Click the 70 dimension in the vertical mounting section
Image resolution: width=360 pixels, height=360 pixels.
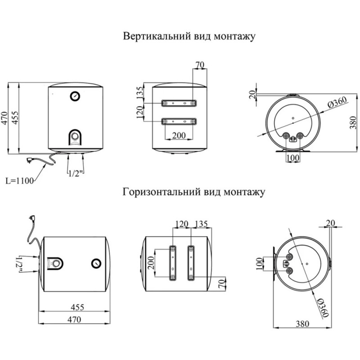coord(200,65)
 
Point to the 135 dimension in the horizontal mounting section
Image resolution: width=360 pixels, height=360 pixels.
coord(202,223)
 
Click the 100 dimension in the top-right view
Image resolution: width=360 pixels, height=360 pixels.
coord(292,157)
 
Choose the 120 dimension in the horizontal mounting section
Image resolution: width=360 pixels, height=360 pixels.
coord(182,223)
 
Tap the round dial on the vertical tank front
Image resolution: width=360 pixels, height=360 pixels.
coord(75,95)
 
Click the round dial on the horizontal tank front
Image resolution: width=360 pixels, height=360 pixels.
coord(96,263)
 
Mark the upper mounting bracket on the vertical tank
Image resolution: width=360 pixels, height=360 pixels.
coord(180,103)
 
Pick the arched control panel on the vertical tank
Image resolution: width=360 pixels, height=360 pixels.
coord(75,137)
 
